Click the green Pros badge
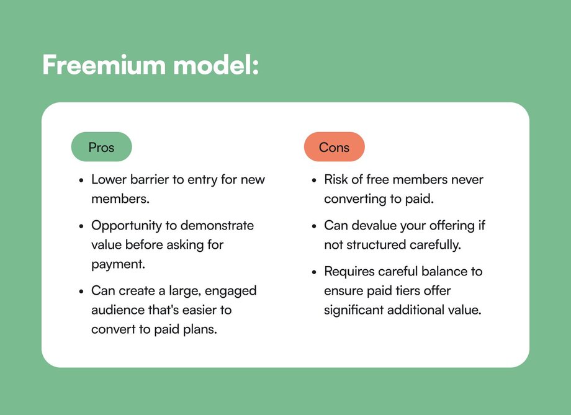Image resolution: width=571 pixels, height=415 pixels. coord(101,146)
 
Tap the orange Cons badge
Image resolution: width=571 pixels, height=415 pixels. coord(335,146)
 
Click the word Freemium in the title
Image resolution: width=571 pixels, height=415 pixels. coord(104,65)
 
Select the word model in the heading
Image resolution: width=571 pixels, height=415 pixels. coord(216,65)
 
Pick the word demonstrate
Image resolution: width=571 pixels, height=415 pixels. coord(217,225)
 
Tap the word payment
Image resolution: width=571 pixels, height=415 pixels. coord(118,264)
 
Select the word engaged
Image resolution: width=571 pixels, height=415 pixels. coord(230,291)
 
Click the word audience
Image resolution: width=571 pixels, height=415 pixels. coord(118,310)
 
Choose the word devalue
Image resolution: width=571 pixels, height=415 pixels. coord(374,225)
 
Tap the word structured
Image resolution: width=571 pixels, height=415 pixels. coord(376,244)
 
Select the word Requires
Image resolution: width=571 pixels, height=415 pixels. coord(349,272)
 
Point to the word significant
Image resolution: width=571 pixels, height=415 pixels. coord(354,311)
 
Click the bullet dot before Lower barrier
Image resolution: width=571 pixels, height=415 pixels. coord(81,180)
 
